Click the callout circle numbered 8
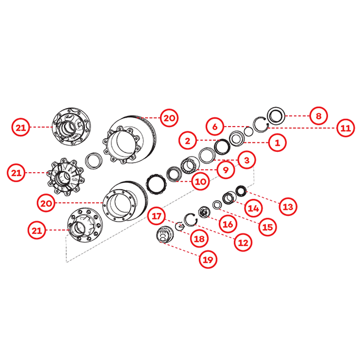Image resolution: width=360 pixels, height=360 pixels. pos(318,116)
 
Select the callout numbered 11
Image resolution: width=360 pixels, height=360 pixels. pos(345,128)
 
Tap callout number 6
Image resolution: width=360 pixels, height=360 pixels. pos(215,126)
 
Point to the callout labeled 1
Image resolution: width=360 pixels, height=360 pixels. pos(277,142)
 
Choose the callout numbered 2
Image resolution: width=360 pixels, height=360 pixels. pos(187,141)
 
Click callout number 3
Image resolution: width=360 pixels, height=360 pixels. pos(246,160)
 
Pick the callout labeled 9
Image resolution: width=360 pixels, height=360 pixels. pos(226,170)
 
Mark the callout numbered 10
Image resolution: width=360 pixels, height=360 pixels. pos(200,182)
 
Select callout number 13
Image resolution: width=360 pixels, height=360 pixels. pos(288,206)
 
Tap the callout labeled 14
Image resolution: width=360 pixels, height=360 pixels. pos(254,208)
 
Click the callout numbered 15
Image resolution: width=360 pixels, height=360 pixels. pos(268,227)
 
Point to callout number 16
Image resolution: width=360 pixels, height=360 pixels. pos(228,224)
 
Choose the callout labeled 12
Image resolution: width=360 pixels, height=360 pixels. pos(243,242)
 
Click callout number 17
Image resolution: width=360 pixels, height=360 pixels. pos(157,216)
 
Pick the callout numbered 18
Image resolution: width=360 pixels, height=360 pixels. pos(199,238)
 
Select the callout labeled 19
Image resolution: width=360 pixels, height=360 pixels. pos(208,259)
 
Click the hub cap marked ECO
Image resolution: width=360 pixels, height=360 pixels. pos(164,234)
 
